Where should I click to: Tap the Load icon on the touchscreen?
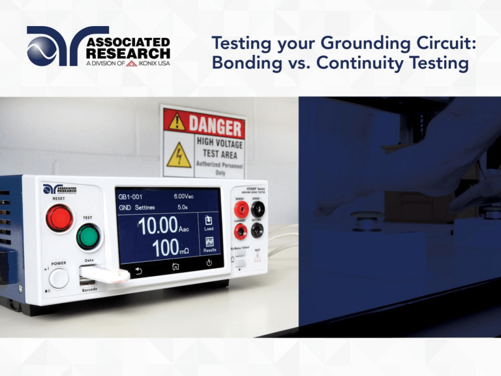click(x=209, y=224)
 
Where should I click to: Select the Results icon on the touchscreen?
click(x=209, y=245)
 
